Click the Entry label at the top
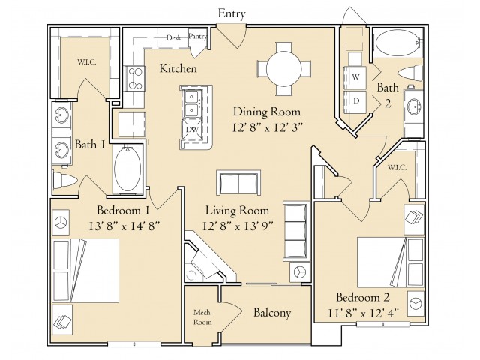[232, 14]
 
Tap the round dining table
[283, 68]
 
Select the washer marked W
[355, 77]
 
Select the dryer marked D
[355, 101]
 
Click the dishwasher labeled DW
[193, 130]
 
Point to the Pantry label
[197, 37]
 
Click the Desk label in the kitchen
[173, 38]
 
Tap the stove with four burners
[135, 78]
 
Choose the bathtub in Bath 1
[127, 169]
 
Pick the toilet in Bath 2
[410, 73]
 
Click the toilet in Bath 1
[64, 181]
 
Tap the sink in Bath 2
[413, 106]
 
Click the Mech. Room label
[202, 317]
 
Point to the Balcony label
[272, 313]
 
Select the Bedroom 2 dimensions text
[364, 313]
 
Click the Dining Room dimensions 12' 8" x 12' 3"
[268, 127]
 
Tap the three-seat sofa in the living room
[295, 231]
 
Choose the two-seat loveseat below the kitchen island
[238, 183]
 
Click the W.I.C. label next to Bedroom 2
[397, 168]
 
